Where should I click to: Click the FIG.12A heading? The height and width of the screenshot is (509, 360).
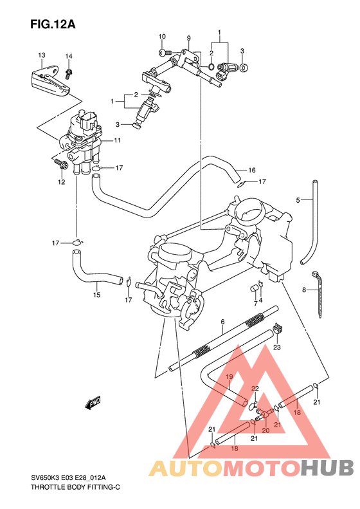[53, 25]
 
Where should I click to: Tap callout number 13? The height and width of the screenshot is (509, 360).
[41, 55]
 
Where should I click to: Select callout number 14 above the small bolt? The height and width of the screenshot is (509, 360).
[68, 56]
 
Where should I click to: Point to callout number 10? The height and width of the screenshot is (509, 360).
[162, 36]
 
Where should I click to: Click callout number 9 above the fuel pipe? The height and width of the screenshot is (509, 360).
[189, 39]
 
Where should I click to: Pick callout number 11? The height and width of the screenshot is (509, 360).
[118, 140]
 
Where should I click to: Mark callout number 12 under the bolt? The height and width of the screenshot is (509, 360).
[62, 182]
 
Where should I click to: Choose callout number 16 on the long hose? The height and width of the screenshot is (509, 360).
[252, 171]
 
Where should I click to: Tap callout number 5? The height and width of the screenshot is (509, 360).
[298, 200]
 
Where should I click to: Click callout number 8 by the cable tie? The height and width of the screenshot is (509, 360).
[304, 290]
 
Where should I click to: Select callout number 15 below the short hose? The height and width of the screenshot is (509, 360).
[96, 295]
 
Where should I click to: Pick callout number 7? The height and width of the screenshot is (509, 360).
[255, 302]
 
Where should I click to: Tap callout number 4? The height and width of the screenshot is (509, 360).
[261, 299]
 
